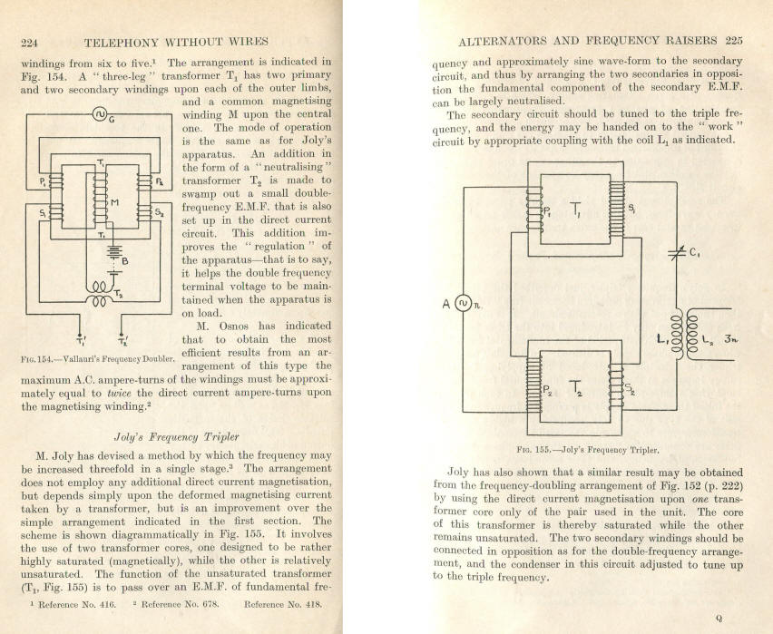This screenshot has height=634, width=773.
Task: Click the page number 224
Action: (x=29, y=43)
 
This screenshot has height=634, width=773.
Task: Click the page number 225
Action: (x=734, y=41)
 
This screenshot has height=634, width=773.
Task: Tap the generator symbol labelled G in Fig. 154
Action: (x=100, y=114)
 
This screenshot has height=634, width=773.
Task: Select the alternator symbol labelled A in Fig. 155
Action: (x=463, y=303)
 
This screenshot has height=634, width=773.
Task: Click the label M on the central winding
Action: (x=114, y=202)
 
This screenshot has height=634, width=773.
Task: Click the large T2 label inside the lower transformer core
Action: (x=576, y=388)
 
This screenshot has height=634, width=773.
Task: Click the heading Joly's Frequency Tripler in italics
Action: (x=177, y=437)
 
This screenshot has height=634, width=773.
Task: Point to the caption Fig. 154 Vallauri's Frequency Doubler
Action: (x=98, y=359)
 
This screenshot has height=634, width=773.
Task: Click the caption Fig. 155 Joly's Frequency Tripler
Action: (x=588, y=450)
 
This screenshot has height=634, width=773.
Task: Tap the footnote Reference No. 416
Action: (x=77, y=604)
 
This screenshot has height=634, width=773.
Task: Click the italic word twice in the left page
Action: (x=119, y=394)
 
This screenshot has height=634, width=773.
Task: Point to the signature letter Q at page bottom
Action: (x=719, y=619)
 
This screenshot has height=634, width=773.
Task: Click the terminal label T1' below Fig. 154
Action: (x=81, y=340)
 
